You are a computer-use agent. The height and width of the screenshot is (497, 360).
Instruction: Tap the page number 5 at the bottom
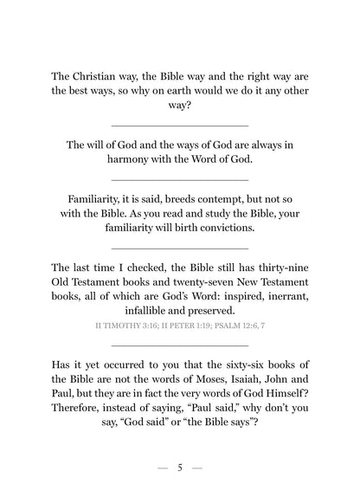pos(179,468)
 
